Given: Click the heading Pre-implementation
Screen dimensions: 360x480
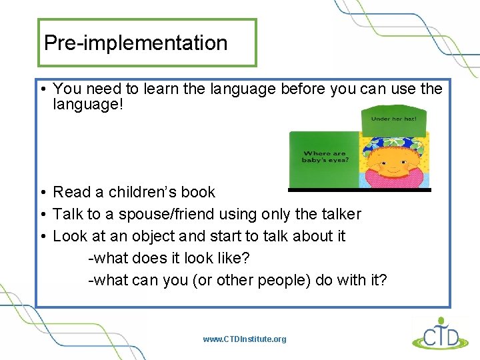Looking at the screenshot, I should (135, 43).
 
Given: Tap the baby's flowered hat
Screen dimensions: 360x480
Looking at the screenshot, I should (393, 143).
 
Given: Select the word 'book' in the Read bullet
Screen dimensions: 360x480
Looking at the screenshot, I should (197, 192).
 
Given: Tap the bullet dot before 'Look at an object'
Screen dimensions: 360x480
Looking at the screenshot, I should (42, 236).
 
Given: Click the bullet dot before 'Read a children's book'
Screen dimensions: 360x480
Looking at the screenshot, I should (42, 192).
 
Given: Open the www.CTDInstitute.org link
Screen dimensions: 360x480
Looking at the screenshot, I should (245, 339).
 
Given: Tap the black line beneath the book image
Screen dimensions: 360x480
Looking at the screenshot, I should (359, 190).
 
